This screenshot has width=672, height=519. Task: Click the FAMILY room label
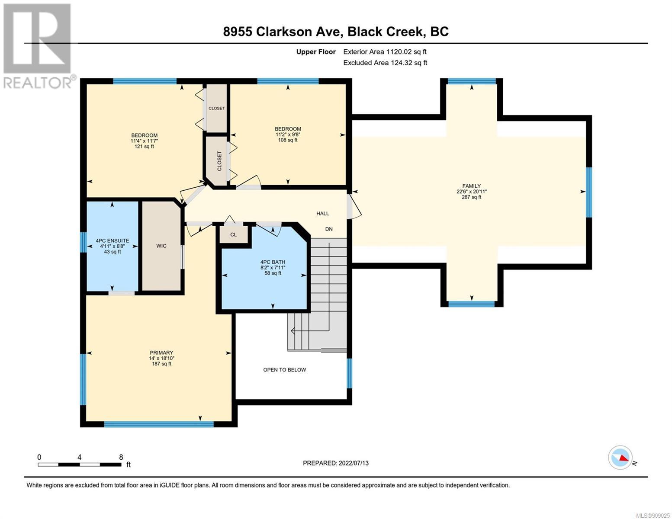[x=471, y=186]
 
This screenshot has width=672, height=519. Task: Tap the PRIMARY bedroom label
[x=161, y=352]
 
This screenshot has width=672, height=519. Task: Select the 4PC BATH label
[x=273, y=262]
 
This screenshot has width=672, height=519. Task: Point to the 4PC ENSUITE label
[x=113, y=241]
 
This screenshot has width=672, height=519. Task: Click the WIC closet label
[x=161, y=246]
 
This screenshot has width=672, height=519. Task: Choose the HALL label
[x=322, y=214]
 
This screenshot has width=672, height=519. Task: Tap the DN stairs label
[x=329, y=229]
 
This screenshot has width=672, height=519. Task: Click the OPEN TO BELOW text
[x=285, y=370]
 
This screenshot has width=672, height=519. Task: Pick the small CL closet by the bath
[x=234, y=234]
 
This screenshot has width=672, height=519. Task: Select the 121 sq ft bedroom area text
[x=144, y=147]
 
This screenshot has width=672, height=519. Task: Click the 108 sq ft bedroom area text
[x=288, y=140]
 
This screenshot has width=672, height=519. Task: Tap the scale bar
[x=80, y=465]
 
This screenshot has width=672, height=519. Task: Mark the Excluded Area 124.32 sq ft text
[x=385, y=63]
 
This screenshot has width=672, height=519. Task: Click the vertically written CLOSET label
[x=219, y=161]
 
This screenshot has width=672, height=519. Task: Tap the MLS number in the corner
[x=652, y=516]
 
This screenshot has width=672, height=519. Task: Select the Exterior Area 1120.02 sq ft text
[x=385, y=52]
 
